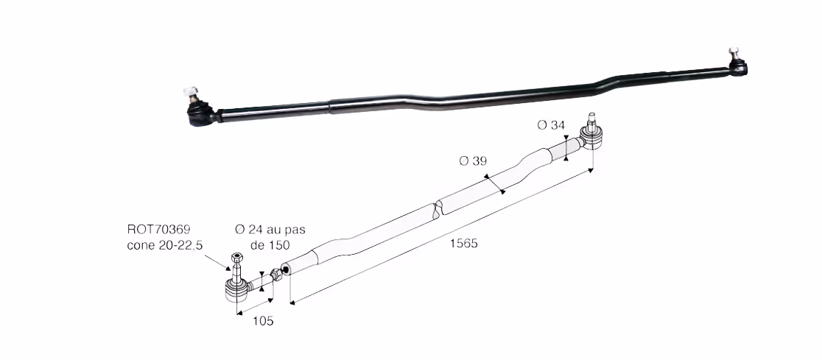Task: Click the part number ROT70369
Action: tap(158, 229)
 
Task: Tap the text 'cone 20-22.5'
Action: tap(164, 245)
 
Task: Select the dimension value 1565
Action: tap(463, 244)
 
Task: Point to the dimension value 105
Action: tap(263, 321)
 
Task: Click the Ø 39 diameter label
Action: tap(473, 161)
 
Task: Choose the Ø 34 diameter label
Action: tap(551, 124)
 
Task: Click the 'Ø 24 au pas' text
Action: tap(270, 229)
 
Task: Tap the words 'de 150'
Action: tap(270, 245)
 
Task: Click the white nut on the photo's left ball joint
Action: tap(191, 93)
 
